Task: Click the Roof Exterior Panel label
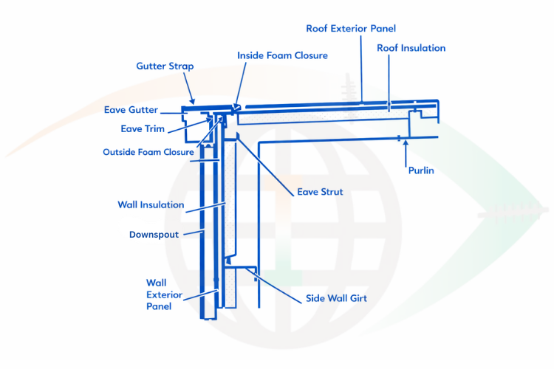(351, 29)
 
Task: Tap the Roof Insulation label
(411, 48)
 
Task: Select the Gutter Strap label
(165, 66)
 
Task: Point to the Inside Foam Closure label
(282, 55)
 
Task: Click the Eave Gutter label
(131, 110)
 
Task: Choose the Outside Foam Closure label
(148, 153)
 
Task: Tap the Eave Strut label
(320, 192)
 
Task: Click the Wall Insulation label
(151, 204)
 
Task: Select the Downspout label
(154, 235)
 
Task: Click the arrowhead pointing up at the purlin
(405, 142)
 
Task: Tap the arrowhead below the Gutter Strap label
(193, 100)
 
